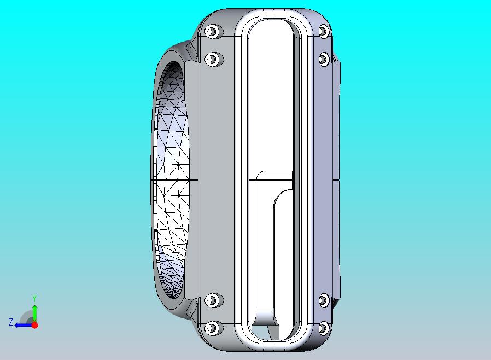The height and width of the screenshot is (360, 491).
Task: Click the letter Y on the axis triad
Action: click(34, 298)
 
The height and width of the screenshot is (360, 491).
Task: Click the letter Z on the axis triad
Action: click(10, 322)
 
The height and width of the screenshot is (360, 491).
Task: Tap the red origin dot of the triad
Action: click(34, 325)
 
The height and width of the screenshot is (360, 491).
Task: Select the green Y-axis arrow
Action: click(34, 312)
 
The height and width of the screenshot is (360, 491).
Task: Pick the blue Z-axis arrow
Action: click(22, 325)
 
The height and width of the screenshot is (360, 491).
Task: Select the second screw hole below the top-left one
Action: click(213, 59)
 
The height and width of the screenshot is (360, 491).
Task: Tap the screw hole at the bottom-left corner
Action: click(213, 328)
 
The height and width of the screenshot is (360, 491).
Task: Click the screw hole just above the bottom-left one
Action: click(213, 300)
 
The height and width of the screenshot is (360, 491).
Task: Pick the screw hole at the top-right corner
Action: click(323, 31)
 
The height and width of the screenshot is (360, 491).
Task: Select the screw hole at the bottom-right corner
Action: click(323, 328)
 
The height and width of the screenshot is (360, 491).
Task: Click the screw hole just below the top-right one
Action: click(323, 59)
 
